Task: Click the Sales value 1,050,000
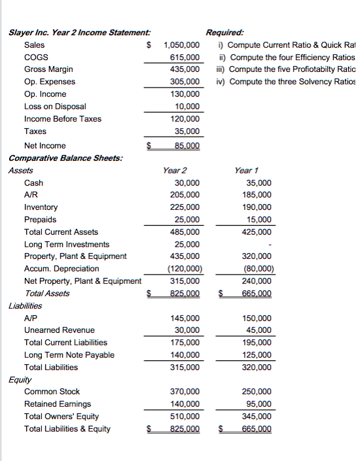coord(181,45)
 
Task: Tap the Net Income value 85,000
coord(189,146)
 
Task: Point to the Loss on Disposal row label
coord(55,107)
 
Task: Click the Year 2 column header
coord(175,170)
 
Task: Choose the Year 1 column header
coord(247,170)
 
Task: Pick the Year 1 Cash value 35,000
coord(258,183)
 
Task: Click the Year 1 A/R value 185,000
coord(256,195)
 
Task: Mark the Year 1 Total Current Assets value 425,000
coord(256,232)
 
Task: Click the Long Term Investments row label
coord(67,245)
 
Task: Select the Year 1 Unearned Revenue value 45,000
coord(258,330)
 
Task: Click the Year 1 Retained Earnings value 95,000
coord(258,404)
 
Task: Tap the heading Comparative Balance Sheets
coord(65,158)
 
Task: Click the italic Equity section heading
coord(20,379)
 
